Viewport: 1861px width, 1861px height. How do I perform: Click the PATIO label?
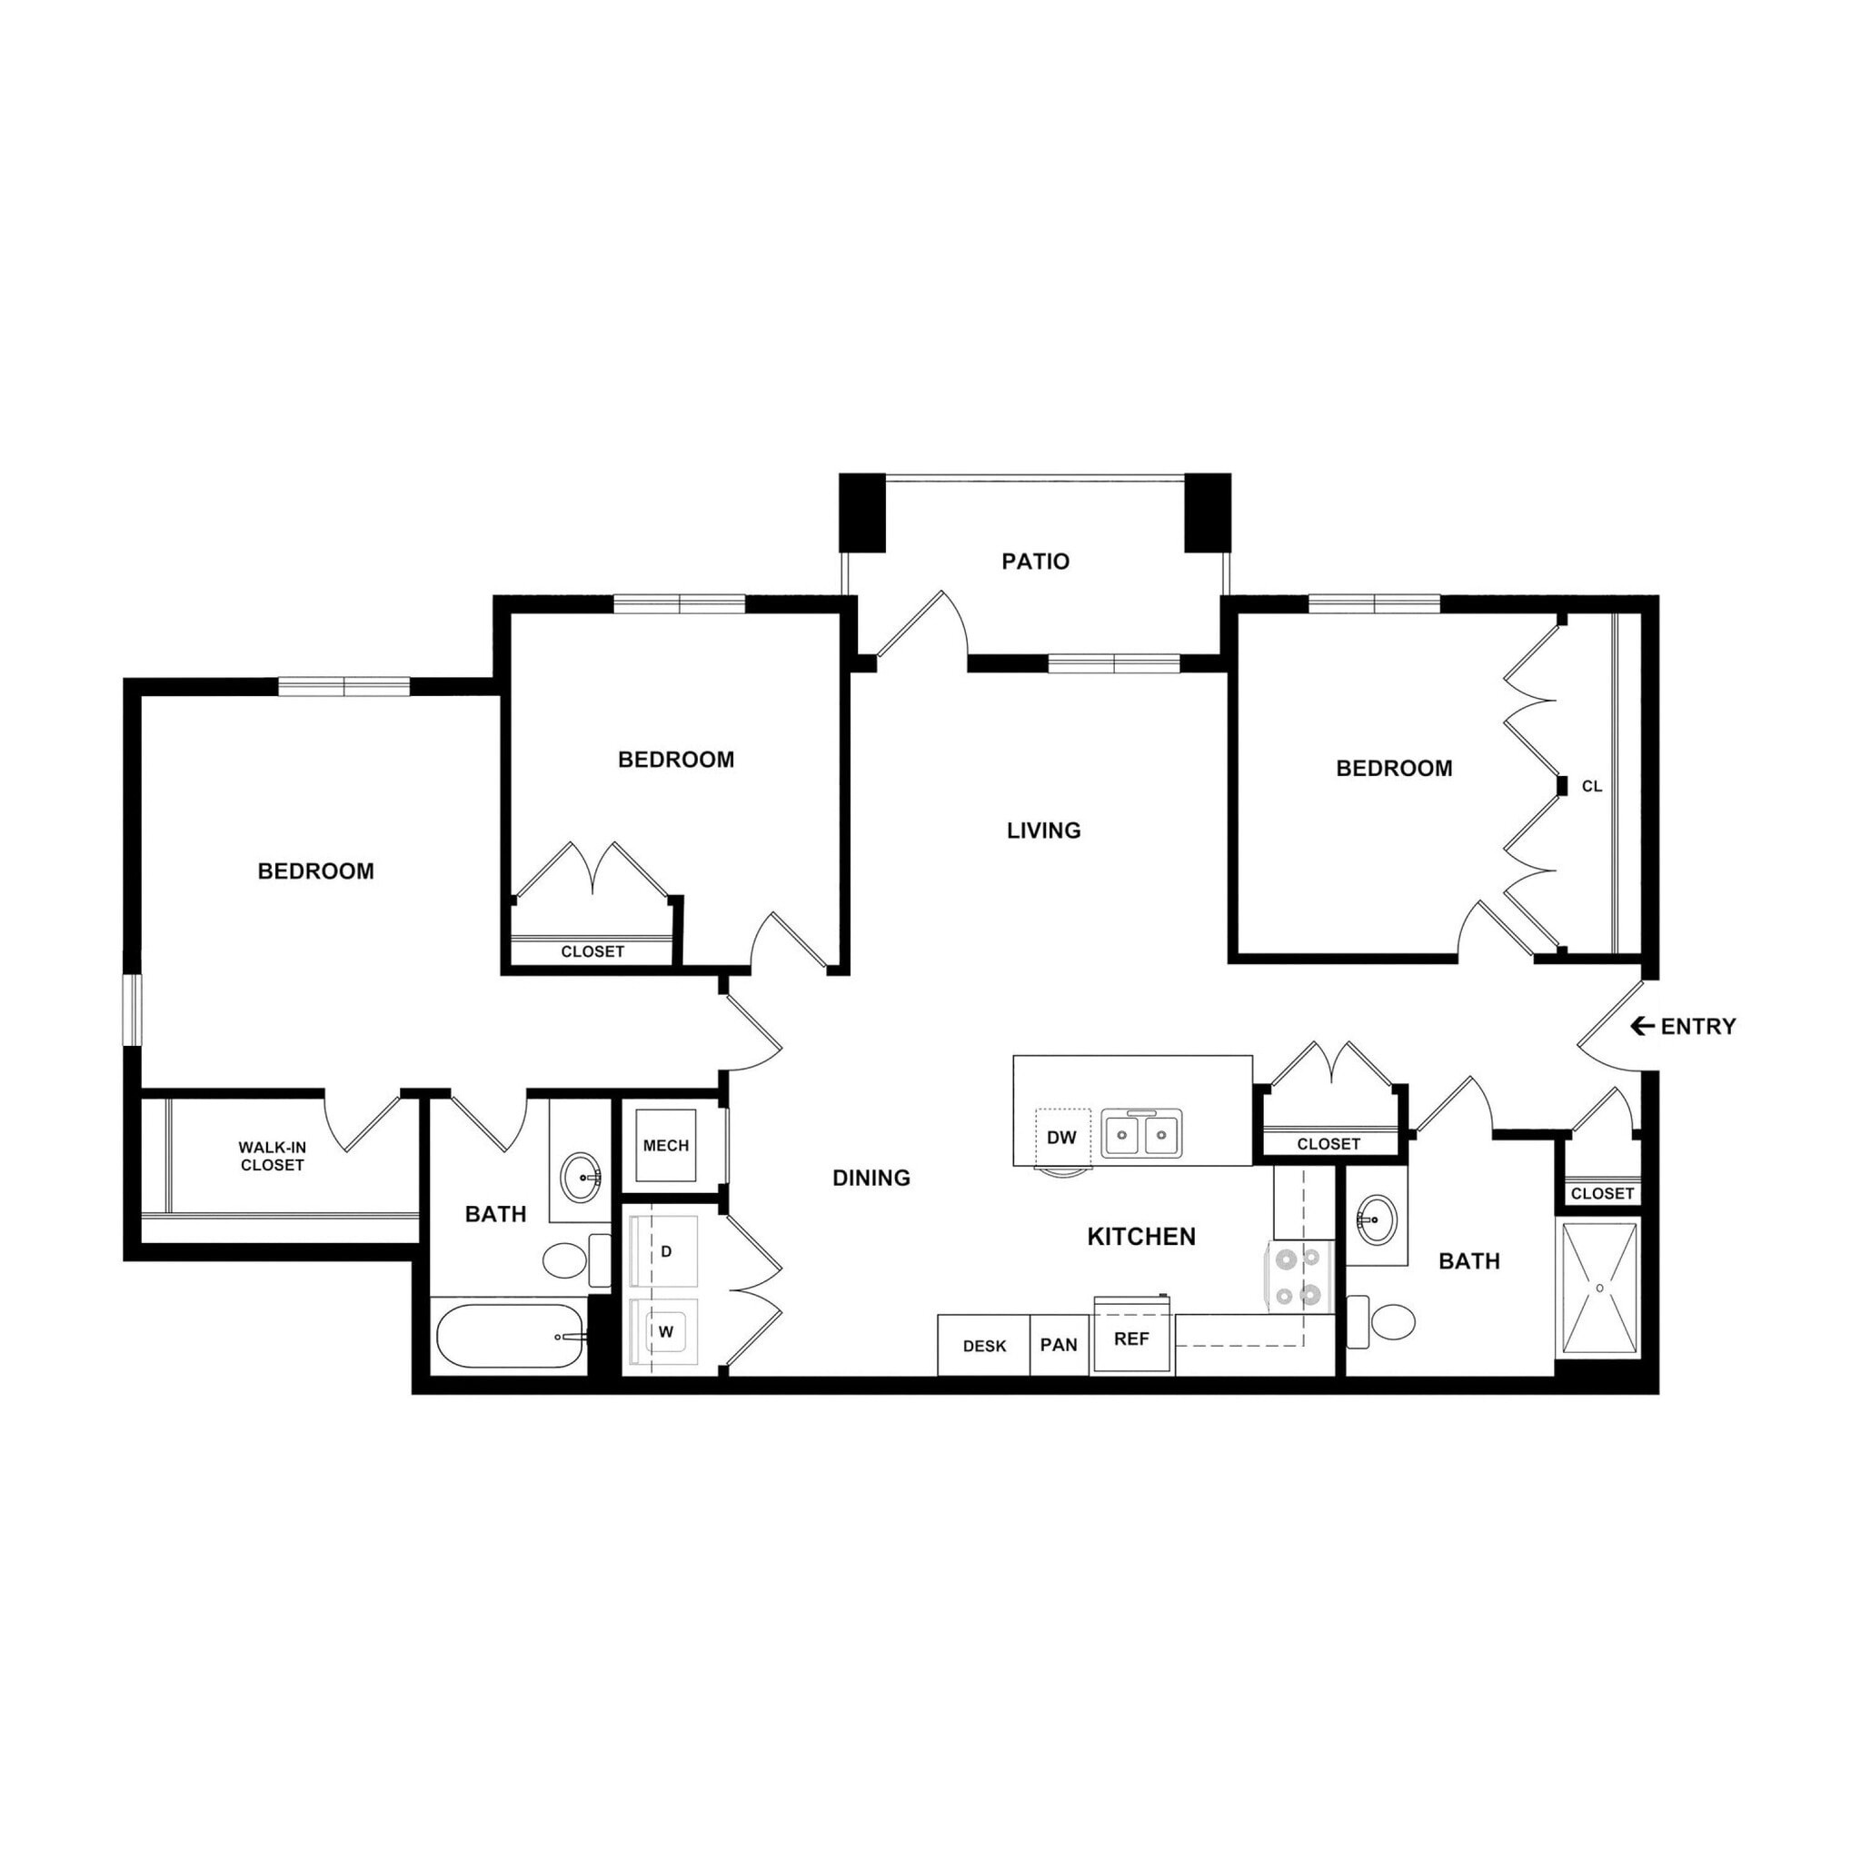click(1036, 562)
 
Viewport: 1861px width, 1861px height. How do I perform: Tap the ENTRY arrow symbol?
click(1641, 1027)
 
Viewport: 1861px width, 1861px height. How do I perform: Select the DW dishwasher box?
click(1061, 1138)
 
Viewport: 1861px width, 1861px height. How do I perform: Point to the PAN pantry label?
click(1059, 1346)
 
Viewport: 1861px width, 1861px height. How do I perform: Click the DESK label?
click(983, 1347)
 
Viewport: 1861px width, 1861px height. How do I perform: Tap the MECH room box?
click(665, 1146)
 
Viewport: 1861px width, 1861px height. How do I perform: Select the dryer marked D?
click(664, 1252)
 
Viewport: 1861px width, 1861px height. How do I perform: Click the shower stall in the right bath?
click(1599, 1289)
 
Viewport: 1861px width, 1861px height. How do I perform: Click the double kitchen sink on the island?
click(1142, 1134)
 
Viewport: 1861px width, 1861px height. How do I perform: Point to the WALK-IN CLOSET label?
click(273, 1157)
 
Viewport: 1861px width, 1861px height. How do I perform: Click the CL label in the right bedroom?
click(1592, 787)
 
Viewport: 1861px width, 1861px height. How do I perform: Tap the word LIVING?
click(1043, 831)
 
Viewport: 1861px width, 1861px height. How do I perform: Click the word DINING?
click(871, 1178)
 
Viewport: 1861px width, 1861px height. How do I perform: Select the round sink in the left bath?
click(581, 1176)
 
